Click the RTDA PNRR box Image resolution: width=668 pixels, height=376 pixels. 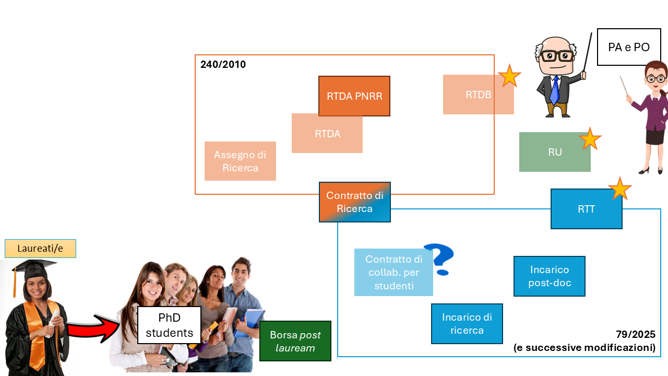(x=354, y=96)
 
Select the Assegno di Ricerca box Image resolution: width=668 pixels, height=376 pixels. (x=240, y=161)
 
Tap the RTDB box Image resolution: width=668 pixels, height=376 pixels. (x=478, y=95)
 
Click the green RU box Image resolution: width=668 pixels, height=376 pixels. (x=555, y=152)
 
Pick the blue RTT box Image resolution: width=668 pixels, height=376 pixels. (x=586, y=209)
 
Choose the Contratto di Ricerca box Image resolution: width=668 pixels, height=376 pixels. (x=355, y=202)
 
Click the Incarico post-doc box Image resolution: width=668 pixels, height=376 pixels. (x=550, y=276)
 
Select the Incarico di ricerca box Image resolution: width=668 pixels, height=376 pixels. (x=467, y=324)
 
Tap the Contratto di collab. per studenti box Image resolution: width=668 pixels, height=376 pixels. (x=393, y=272)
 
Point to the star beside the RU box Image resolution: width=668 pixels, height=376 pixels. (x=590, y=139)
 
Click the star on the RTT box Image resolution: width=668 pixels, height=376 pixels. (x=619, y=189)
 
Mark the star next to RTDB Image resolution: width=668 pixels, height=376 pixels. (x=509, y=76)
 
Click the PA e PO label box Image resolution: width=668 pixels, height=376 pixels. (x=629, y=47)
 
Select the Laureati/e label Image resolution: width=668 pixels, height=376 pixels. (x=40, y=249)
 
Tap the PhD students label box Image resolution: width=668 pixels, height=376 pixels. (x=169, y=325)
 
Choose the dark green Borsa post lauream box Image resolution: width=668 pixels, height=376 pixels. (x=295, y=341)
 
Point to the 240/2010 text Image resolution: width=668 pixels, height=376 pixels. (x=223, y=65)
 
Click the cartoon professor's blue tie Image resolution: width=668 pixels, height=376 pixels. (x=554, y=89)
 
